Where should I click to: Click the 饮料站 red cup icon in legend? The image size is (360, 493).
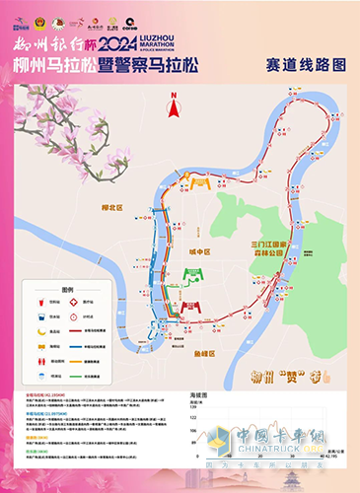pyautogui.click(x=41, y=304)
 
